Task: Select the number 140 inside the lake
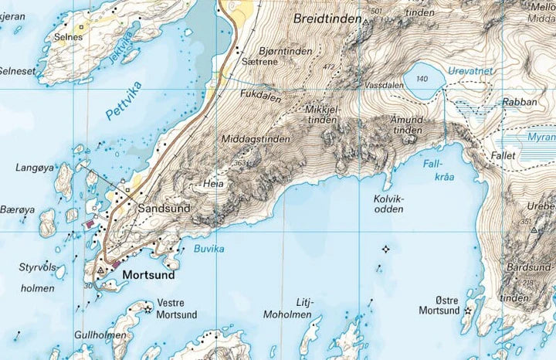[x=422, y=80]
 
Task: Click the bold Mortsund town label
[x=148, y=274]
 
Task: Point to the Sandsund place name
[x=164, y=209]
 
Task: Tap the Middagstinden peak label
[x=256, y=140]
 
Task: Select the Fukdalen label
[x=259, y=97]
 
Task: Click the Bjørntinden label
[x=286, y=51]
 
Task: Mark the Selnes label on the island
[x=69, y=36]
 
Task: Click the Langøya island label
[x=34, y=167]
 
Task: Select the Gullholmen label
[x=100, y=336]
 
